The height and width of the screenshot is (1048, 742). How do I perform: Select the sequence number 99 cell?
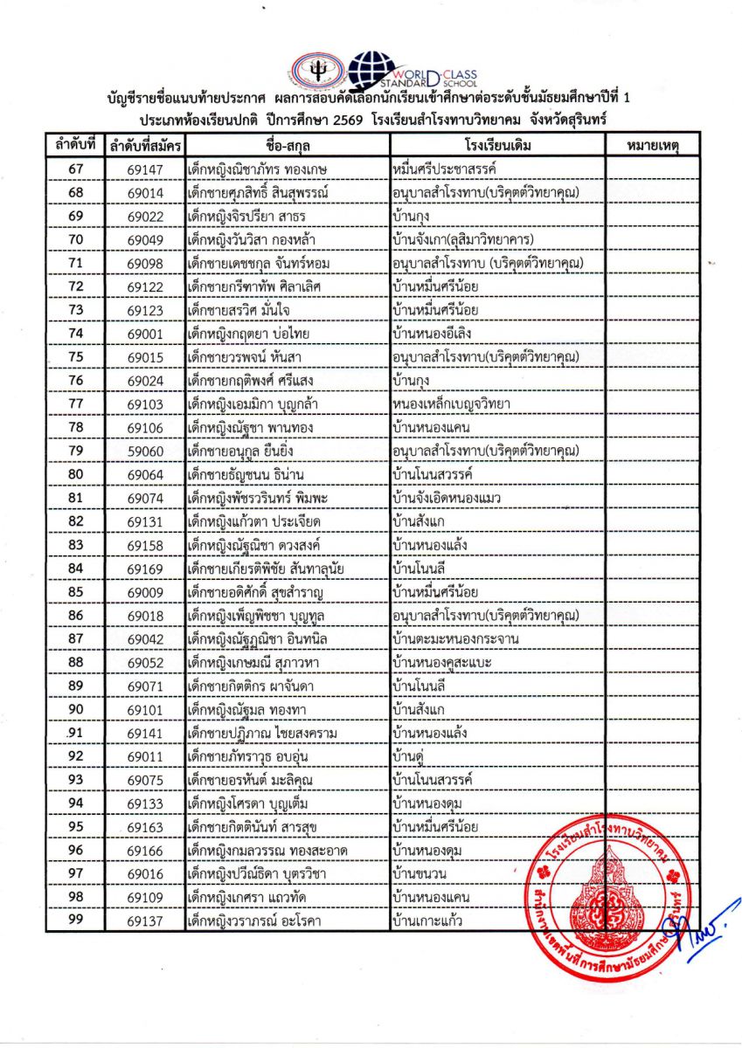pyautogui.click(x=75, y=920)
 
